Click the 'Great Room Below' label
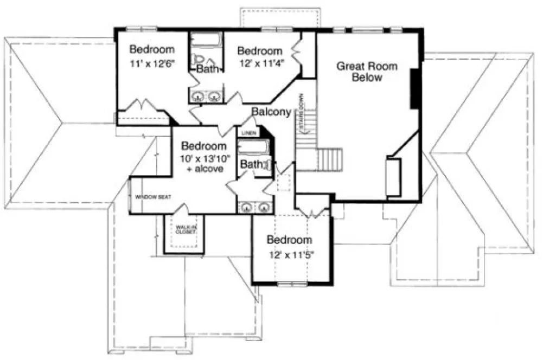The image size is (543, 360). coord(367,72)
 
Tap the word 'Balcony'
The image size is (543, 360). coord(271,112)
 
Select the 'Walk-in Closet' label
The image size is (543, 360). coord(184,229)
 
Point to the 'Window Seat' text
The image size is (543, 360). coord(153,197)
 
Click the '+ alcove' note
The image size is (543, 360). coord(204,169)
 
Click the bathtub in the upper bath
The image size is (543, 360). coord(205,41)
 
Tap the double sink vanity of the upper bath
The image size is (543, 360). coord(206,97)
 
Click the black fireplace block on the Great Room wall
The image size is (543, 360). coord(416,88)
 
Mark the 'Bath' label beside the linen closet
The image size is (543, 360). coord(251,164)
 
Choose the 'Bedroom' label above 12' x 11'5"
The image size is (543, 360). coord(289,240)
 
